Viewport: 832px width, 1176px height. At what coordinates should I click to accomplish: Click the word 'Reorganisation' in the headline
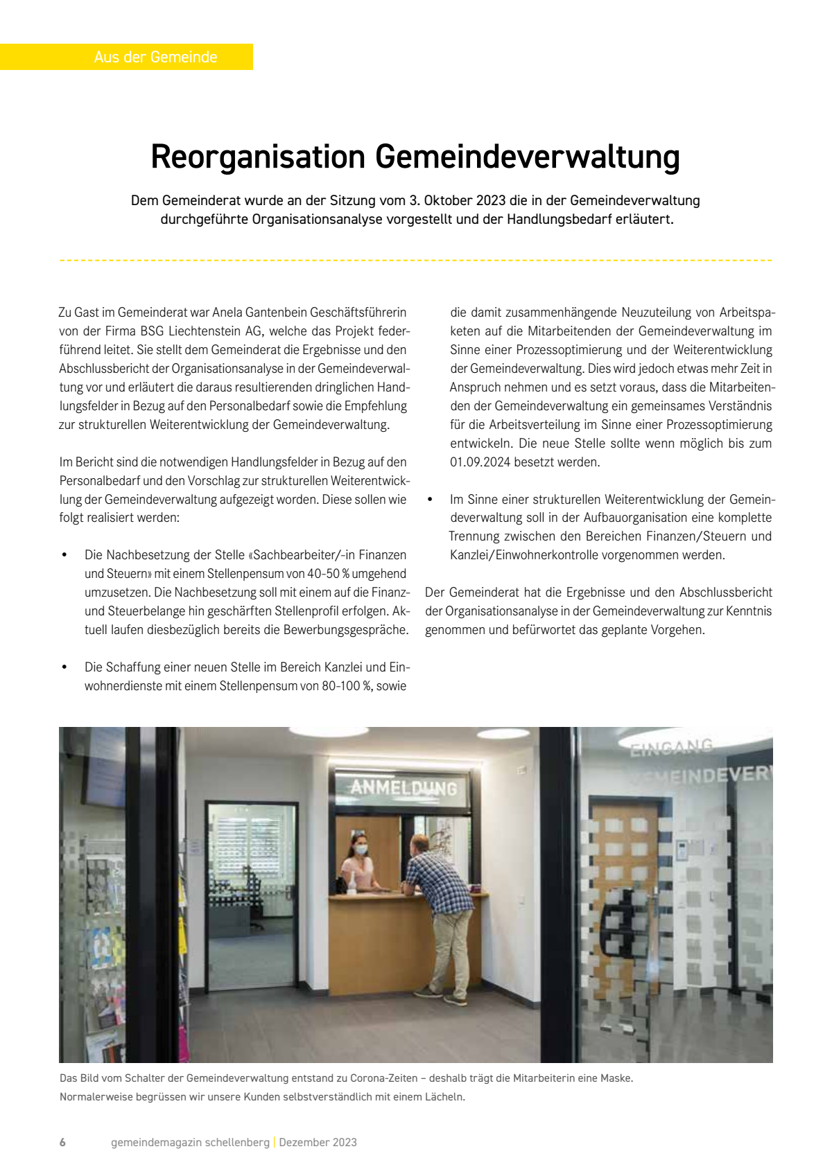(x=258, y=157)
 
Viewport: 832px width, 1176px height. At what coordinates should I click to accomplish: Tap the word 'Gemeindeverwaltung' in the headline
(x=528, y=157)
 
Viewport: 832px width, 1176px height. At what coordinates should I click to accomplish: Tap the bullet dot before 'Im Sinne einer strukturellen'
(x=430, y=500)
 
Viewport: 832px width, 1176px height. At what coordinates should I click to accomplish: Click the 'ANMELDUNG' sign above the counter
(x=404, y=788)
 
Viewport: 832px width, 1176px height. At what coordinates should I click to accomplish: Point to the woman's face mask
(x=361, y=850)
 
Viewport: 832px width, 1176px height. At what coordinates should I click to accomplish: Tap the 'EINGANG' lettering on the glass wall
(x=671, y=747)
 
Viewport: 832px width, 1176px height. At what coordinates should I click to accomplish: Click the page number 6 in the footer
(x=62, y=1142)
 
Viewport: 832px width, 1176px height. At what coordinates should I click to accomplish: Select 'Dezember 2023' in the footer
(x=318, y=1142)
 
